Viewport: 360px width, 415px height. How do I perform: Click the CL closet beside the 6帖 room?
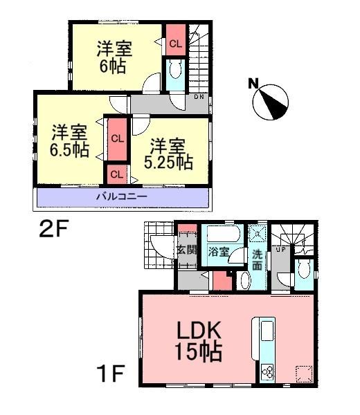click(175, 43)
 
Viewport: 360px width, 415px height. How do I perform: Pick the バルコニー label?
click(121, 198)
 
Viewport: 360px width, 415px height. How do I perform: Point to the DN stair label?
click(199, 97)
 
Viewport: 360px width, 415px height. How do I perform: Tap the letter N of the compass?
click(253, 84)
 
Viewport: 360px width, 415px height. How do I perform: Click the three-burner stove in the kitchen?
click(267, 374)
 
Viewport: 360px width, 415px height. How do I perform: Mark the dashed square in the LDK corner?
click(302, 373)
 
